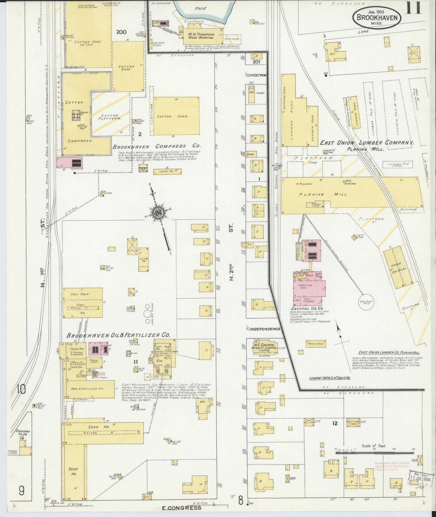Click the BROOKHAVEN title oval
pos(377,17)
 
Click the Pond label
pos(200,8)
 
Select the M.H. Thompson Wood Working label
pos(201,36)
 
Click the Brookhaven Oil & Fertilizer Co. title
pos(118,335)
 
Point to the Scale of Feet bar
pos(374,452)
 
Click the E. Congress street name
pos(181,508)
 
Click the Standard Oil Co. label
pos(23,433)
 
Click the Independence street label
pos(265,329)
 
